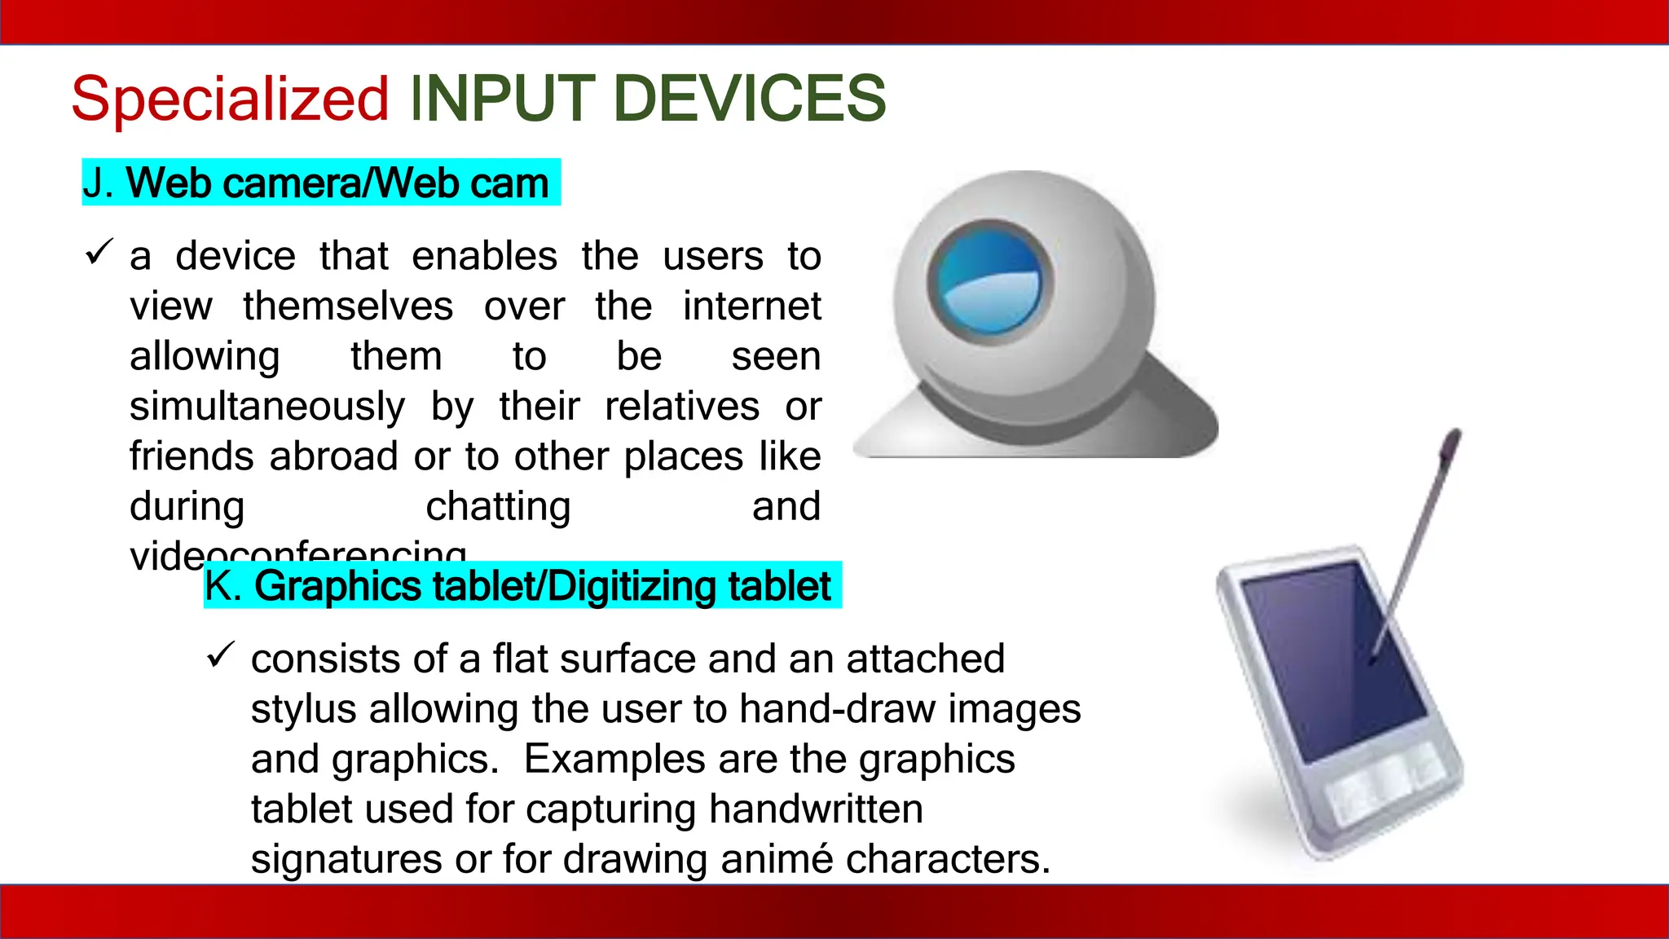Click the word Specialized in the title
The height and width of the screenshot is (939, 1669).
coord(230,99)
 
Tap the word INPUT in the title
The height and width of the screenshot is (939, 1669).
coord(504,99)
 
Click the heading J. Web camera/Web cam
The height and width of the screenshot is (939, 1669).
coord(320,183)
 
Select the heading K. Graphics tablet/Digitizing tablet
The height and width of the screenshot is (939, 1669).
coord(522,585)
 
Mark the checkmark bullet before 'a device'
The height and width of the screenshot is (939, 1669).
coord(98,253)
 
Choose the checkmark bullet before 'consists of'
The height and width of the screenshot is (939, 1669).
coord(220,655)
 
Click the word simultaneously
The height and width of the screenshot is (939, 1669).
coord(267,406)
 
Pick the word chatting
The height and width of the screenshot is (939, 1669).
coord(498,506)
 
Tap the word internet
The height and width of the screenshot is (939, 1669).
coord(751,306)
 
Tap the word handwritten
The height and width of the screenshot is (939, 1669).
coord(816,809)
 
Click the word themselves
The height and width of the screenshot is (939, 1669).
coord(348,306)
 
